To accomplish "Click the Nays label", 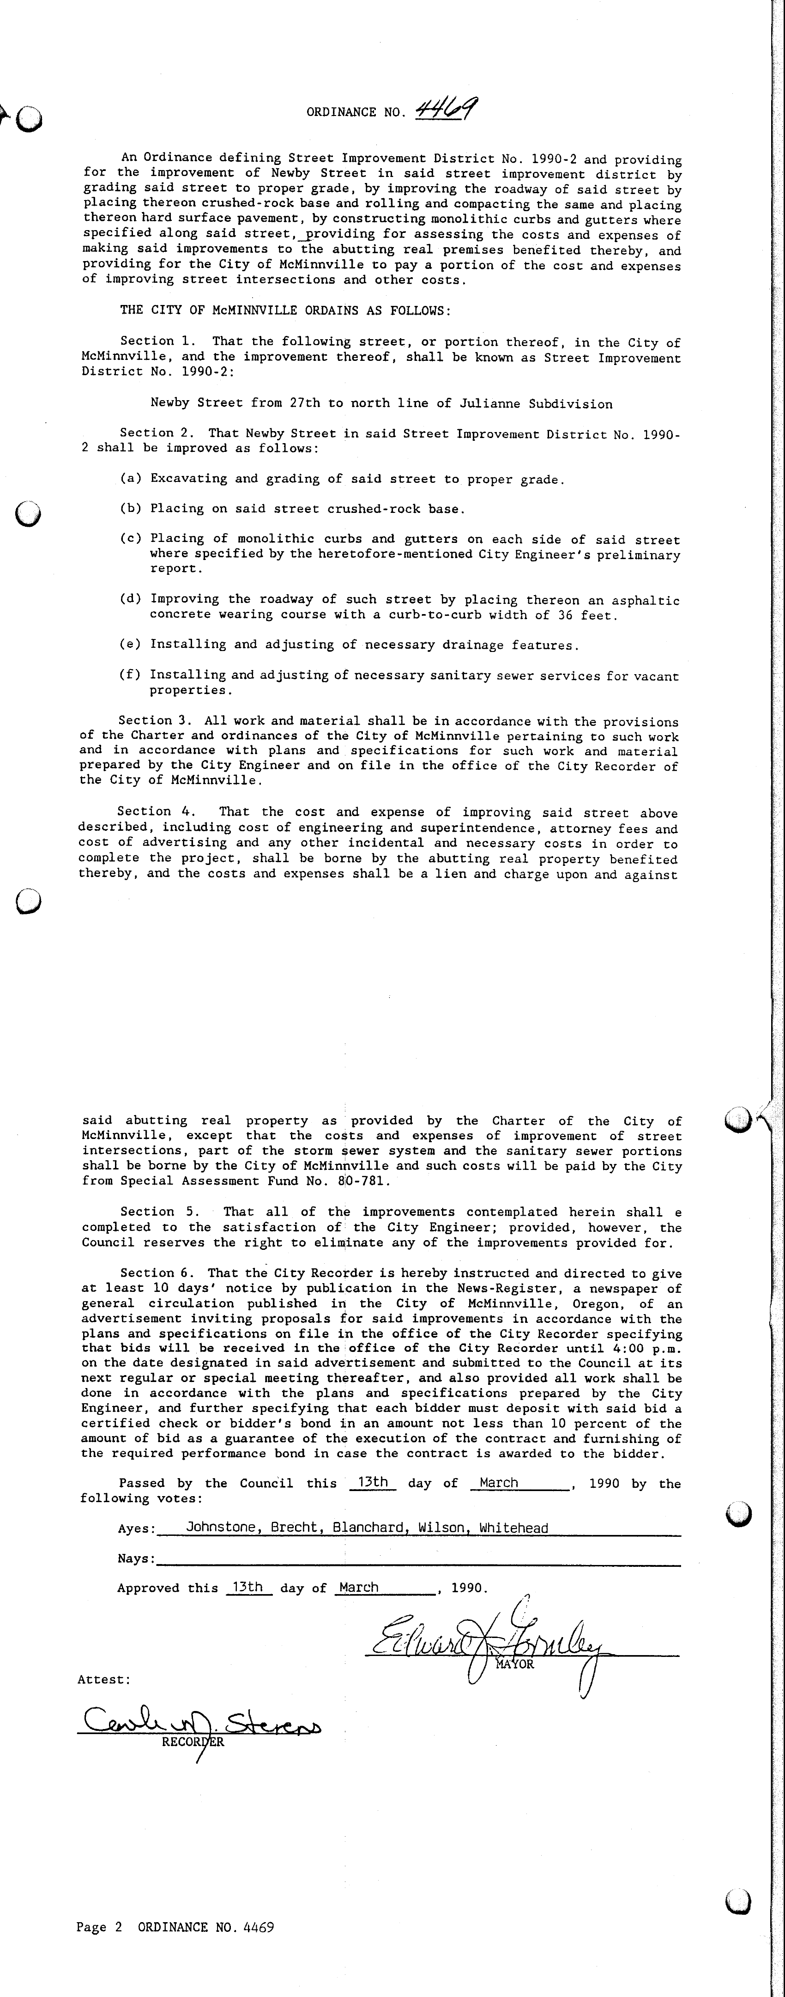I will [136, 1558].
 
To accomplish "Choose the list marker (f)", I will [129, 675].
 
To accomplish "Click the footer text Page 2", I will [99, 1926].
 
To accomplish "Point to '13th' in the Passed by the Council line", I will [373, 1481].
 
